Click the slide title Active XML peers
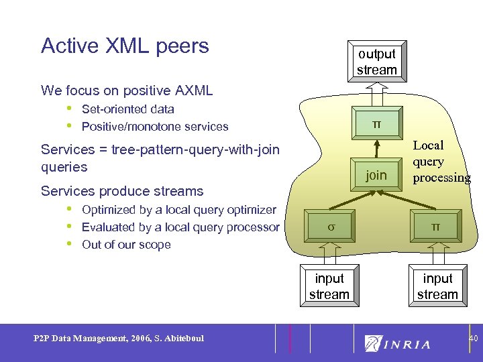tap(125, 46)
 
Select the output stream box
tap(376, 62)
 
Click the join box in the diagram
tap(376, 175)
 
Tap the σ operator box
tap(330, 227)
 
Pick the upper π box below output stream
tap(376, 124)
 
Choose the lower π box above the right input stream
tap(436, 227)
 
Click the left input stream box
tap(329, 286)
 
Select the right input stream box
tap(437, 286)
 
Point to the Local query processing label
tap(441, 162)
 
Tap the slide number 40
tap(473, 339)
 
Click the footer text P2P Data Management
tap(118, 338)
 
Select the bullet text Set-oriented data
tap(127, 109)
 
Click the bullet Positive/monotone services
tap(154, 127)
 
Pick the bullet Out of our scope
tap(126, 245)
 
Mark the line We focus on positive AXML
tap(127, 90)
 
